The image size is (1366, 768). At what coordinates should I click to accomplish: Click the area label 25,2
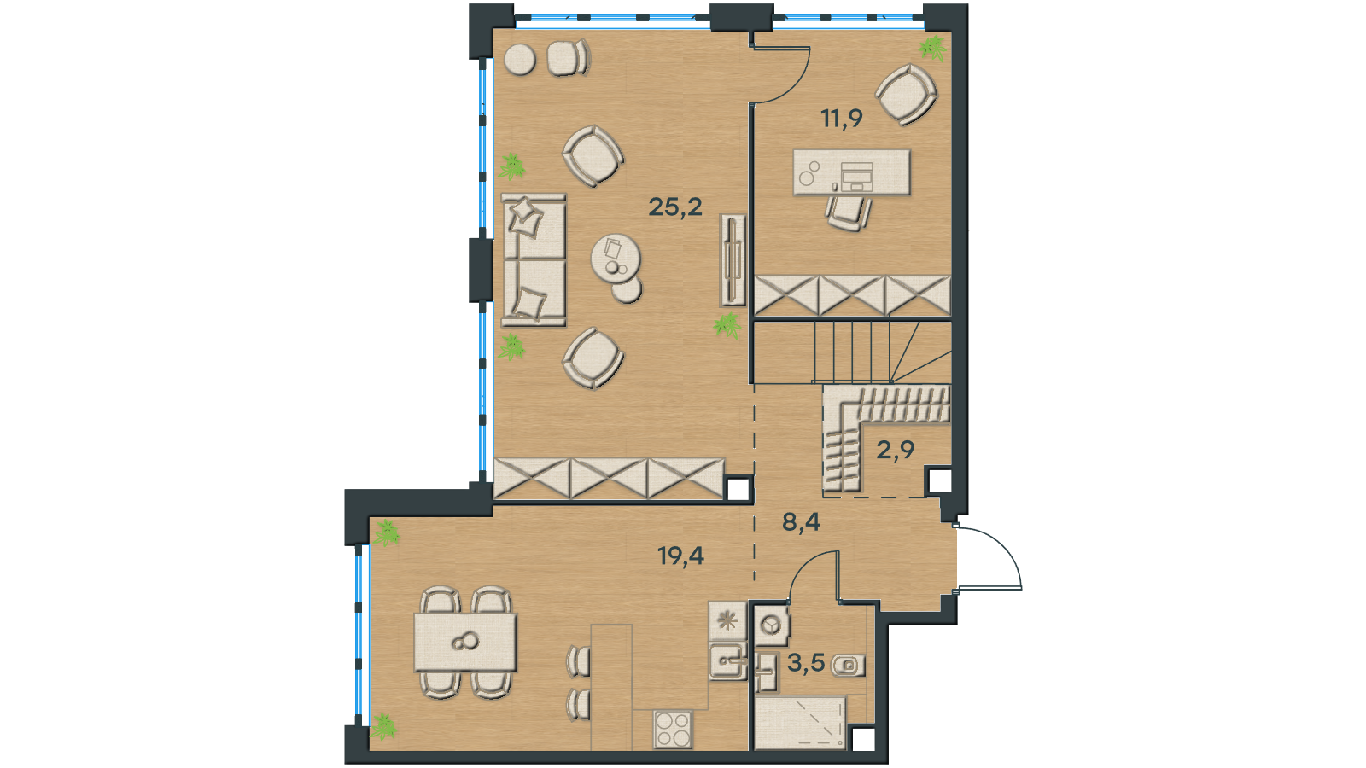(x=675, y=207)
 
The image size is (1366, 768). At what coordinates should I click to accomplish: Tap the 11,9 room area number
(x=842, y=118)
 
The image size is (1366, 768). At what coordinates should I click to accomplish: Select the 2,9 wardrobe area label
(x=896, y=450)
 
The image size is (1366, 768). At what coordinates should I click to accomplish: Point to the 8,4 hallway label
(x=802, y=521)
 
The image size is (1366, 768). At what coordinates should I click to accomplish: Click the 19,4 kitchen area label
(x=681, y=556)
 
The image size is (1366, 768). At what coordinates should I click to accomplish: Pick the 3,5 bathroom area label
(x=806, y=662)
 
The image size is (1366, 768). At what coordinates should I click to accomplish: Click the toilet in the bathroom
(x=848, y=665)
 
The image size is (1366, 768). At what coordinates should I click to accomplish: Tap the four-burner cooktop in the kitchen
(x=673, y=729)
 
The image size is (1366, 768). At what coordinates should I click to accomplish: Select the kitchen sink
(x=728, y=661)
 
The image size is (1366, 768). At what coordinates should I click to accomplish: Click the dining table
(x=465, y=643)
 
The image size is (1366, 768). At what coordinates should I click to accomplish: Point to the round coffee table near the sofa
(x=616, y=259)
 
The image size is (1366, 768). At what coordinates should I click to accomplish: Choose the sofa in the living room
(x=534, y=260)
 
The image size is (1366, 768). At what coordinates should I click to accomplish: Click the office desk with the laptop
(x=851, y=172)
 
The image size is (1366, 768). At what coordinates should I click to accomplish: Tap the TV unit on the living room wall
(x=733, y=259)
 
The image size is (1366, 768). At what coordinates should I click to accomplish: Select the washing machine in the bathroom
(x=772, y=625)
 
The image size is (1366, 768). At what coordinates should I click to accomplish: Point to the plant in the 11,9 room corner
(x=932, y=47)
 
